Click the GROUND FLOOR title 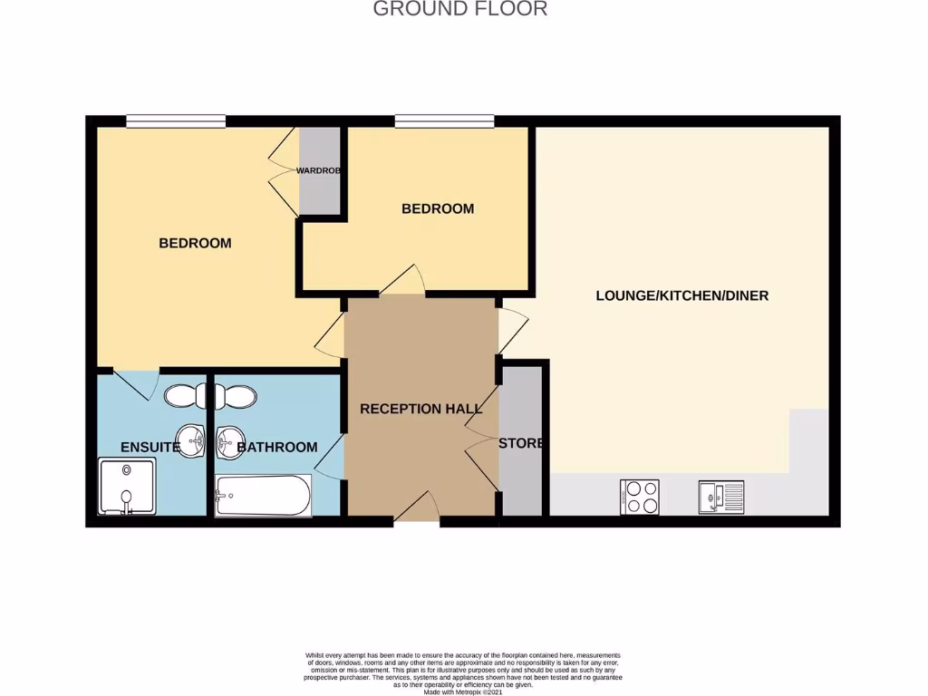460,10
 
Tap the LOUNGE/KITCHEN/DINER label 681,295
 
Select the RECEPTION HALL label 421,409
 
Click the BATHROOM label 277,447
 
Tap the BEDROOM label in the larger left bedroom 195,243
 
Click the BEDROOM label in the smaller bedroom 438,208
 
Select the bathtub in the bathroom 264,495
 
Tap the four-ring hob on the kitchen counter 641,497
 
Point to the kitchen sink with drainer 720,497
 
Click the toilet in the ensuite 185,395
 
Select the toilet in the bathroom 235,395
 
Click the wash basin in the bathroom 227,441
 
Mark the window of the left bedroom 176,121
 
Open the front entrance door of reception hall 416,511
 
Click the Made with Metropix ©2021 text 462,691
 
